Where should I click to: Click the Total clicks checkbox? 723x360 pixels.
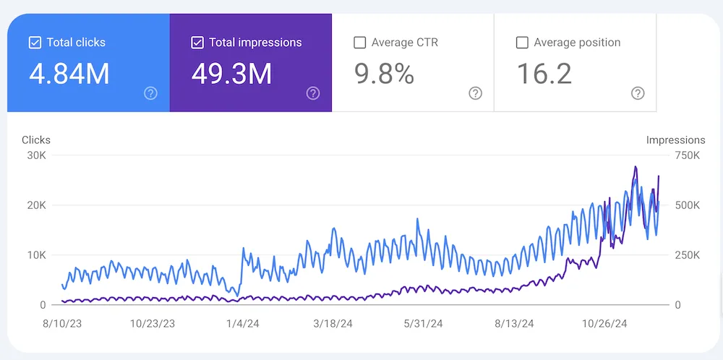35,43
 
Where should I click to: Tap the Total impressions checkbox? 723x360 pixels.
197,43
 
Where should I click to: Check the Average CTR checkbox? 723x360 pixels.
359,43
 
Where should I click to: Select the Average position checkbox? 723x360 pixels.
522,43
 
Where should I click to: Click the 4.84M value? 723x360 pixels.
69,74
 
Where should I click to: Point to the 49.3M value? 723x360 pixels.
232,74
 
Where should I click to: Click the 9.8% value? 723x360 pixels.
384,74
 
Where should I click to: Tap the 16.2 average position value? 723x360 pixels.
544,74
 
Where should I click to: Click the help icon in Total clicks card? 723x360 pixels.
150,93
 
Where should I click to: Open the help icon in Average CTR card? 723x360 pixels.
475,93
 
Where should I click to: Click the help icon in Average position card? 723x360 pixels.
638,93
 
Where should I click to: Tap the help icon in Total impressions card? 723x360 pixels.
313,93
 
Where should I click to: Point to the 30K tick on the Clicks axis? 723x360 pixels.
35,155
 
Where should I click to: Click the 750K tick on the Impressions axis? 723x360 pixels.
687,155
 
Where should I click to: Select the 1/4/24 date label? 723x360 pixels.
242,324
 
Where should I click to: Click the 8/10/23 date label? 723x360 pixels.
64,324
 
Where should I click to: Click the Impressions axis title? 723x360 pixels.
675,140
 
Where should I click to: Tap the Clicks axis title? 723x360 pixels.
36,140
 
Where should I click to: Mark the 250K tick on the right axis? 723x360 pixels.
687,255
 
